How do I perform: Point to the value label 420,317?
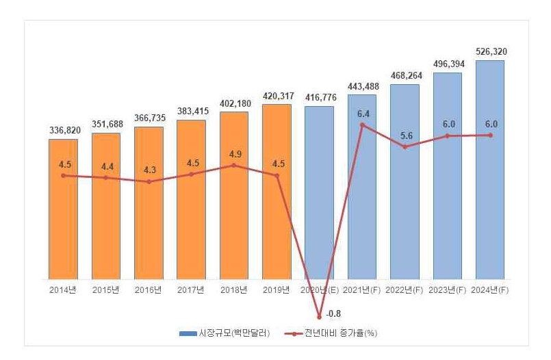click(x=277, y=95)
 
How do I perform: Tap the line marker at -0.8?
click(x=319, y=317)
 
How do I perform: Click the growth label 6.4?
click(x=363, y=114)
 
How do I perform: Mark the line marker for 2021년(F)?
click(x=362, y=125)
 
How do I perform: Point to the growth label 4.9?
click(x=233, y=153)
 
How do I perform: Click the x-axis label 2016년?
click(x=149, y=290)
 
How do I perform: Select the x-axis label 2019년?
click(x=277, y=290)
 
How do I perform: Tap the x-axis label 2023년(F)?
click(x=447, y=290)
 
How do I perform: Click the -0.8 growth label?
click(x=334, y=313)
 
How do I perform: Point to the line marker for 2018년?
click(x=233, y=165)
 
